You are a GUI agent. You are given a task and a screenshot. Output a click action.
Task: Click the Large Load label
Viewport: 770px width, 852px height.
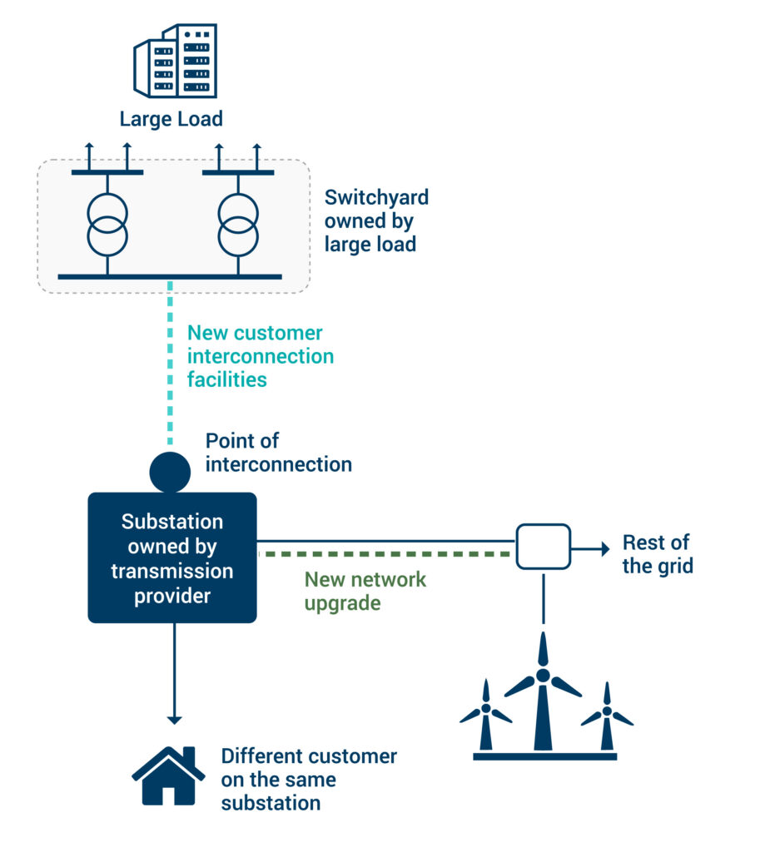(171, 119)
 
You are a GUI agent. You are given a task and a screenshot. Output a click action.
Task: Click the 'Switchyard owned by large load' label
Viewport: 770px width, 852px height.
(376, 221)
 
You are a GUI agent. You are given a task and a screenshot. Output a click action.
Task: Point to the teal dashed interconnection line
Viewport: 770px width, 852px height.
(171, 366)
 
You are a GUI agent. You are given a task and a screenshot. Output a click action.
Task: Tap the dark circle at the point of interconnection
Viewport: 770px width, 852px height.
(170, 473)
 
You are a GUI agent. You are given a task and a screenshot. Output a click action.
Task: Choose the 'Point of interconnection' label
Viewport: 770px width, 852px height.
(278, 453)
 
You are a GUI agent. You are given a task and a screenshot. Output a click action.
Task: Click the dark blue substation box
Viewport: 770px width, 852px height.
(172, 557)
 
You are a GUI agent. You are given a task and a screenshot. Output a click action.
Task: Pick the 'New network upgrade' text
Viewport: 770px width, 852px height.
(365, 591)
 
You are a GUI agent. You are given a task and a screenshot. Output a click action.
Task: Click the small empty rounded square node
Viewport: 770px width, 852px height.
(543, 546)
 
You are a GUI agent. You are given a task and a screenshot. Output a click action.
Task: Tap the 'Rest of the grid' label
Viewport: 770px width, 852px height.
(658, 555)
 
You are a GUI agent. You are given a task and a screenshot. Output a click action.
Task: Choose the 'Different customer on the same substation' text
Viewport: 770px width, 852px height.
(308, 780)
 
